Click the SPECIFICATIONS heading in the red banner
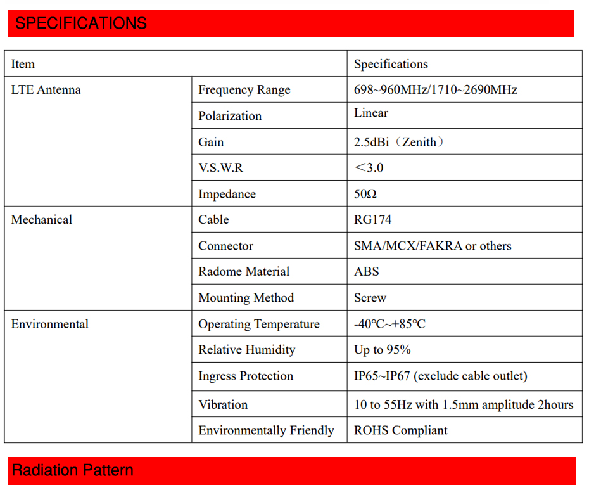81,23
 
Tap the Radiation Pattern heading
73,470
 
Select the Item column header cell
23,64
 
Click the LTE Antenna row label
46,90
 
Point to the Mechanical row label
42,220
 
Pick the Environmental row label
50,324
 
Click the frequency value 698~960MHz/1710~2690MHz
435,90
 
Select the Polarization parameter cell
230,116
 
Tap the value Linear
371,113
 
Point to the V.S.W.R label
220,168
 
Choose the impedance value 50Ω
365,194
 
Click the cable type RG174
372,220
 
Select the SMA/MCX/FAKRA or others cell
433,246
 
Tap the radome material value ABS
366,272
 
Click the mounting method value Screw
370,298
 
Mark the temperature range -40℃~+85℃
389,324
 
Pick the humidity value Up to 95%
382,350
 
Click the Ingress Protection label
246,376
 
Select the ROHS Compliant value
400,430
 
